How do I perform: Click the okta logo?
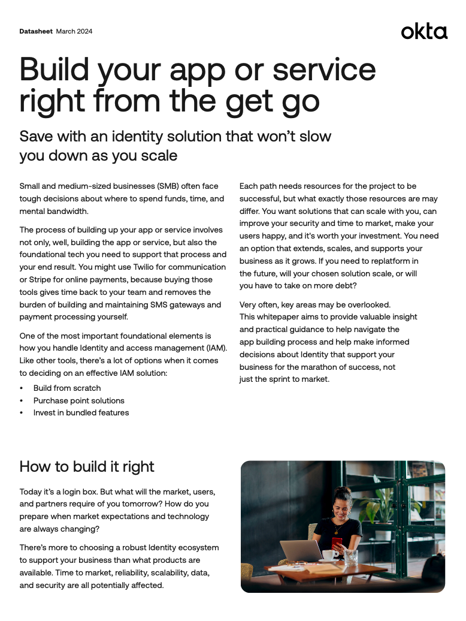[424, 31]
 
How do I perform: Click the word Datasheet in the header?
[36, 31]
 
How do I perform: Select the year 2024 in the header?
[84, 31]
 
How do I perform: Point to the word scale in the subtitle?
[156, 155]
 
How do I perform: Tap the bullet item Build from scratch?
[67, 388]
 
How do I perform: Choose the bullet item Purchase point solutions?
[78, 400]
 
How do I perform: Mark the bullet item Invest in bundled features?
[81, 413]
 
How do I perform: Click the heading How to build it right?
[87, 467]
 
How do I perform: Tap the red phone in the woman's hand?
[337, 544]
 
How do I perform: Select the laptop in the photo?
[299, 550]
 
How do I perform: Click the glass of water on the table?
[351, 557]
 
